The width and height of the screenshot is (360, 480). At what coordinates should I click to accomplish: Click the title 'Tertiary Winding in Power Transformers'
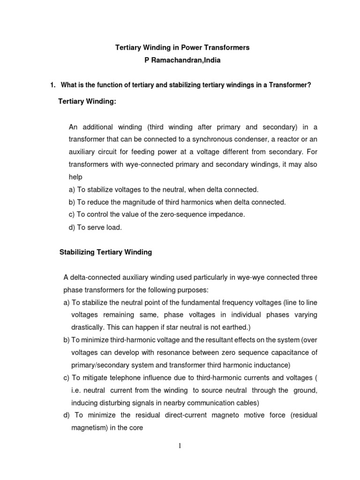click(182, 48)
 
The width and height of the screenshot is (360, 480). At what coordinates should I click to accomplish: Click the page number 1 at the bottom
click(180, 446)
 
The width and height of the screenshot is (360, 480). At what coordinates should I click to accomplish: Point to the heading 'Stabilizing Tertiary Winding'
click(105, 252)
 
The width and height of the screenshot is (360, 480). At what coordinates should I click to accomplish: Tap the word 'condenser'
click(256, 139)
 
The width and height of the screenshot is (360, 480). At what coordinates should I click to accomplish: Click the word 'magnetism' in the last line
click(89, 428)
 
